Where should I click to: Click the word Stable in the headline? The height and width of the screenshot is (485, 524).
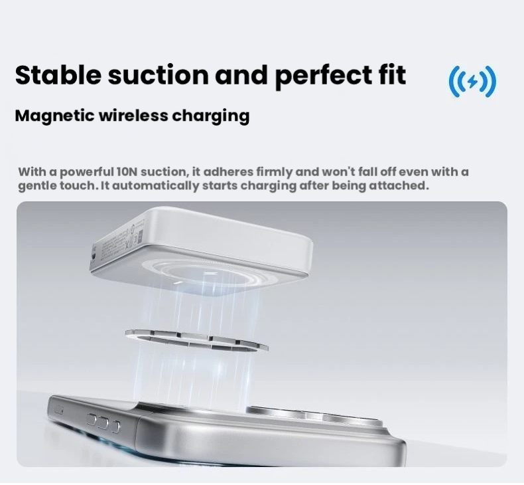(x=58, y=74)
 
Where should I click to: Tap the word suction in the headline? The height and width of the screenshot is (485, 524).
(x=159, y=75)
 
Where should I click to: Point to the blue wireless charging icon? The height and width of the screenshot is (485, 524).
(x=472, y=81)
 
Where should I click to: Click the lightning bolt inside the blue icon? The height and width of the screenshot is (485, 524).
(x=472, y=81)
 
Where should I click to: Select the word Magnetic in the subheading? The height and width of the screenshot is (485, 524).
(x=55, y=116)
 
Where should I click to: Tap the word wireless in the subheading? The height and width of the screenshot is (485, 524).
(x=134, y=116)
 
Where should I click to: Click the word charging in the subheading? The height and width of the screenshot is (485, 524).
(x=211, y=116)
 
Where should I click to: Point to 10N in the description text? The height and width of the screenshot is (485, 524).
(x=127, y=171)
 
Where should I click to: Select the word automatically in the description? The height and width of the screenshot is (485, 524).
(x=155, y=186)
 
